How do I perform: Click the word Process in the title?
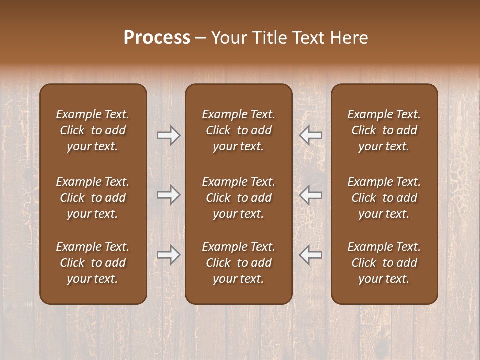tap(157, 38)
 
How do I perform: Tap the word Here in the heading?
tap(349, 38)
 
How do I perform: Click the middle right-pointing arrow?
tap(168, 195)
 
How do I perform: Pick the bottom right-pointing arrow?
tap(168, 255)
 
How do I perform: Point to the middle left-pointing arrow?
tap(311, 195)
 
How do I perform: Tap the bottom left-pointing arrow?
tap(311, 255)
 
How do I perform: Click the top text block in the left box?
tap(93, 130)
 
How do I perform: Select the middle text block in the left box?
tap(93, 198)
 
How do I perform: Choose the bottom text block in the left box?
tap(93, 263)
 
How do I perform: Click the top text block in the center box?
tap(238, 130)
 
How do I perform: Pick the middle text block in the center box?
tap(238, 198)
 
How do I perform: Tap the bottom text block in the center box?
tap(238, 263)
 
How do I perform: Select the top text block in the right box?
tap(384, 130)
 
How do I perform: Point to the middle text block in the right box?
tap(384, 198)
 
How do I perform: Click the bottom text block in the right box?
tap(384, 263)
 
